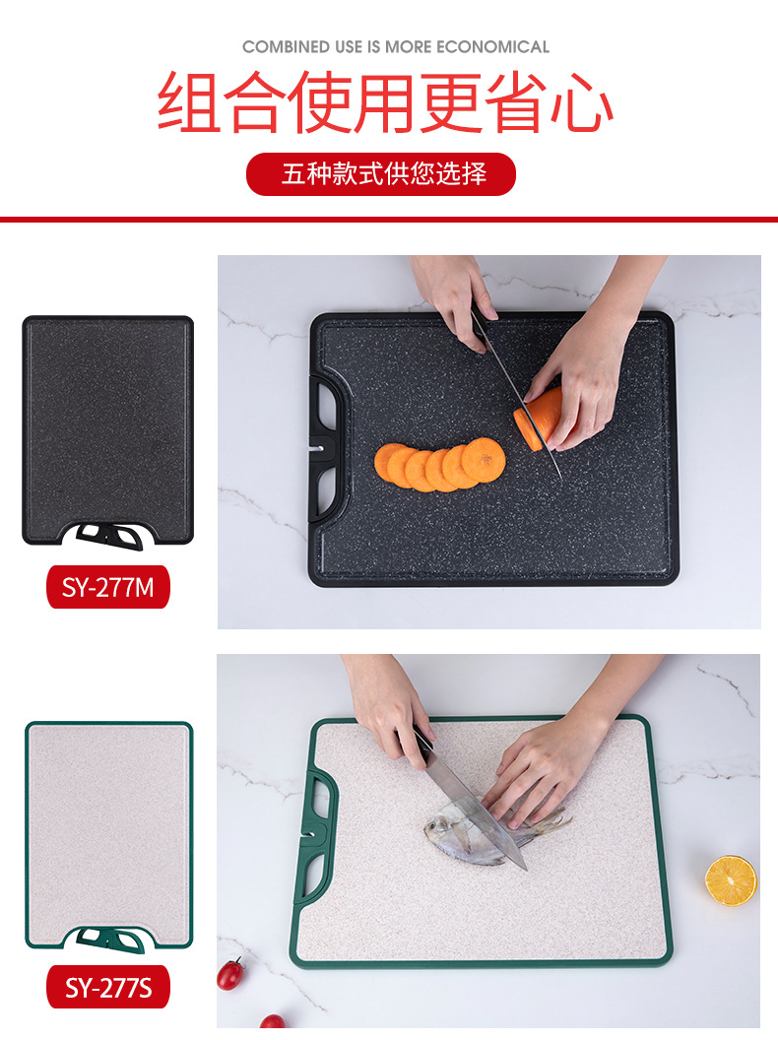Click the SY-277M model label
[x=108, y=588]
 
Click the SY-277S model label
[x=108, y=987]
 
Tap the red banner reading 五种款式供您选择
[x=381, y=174]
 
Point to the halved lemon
[x=731, y=879]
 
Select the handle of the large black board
[x=326, y=447]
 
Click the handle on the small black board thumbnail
[x=109, y=534]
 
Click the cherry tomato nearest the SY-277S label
[x=229, y=974]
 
